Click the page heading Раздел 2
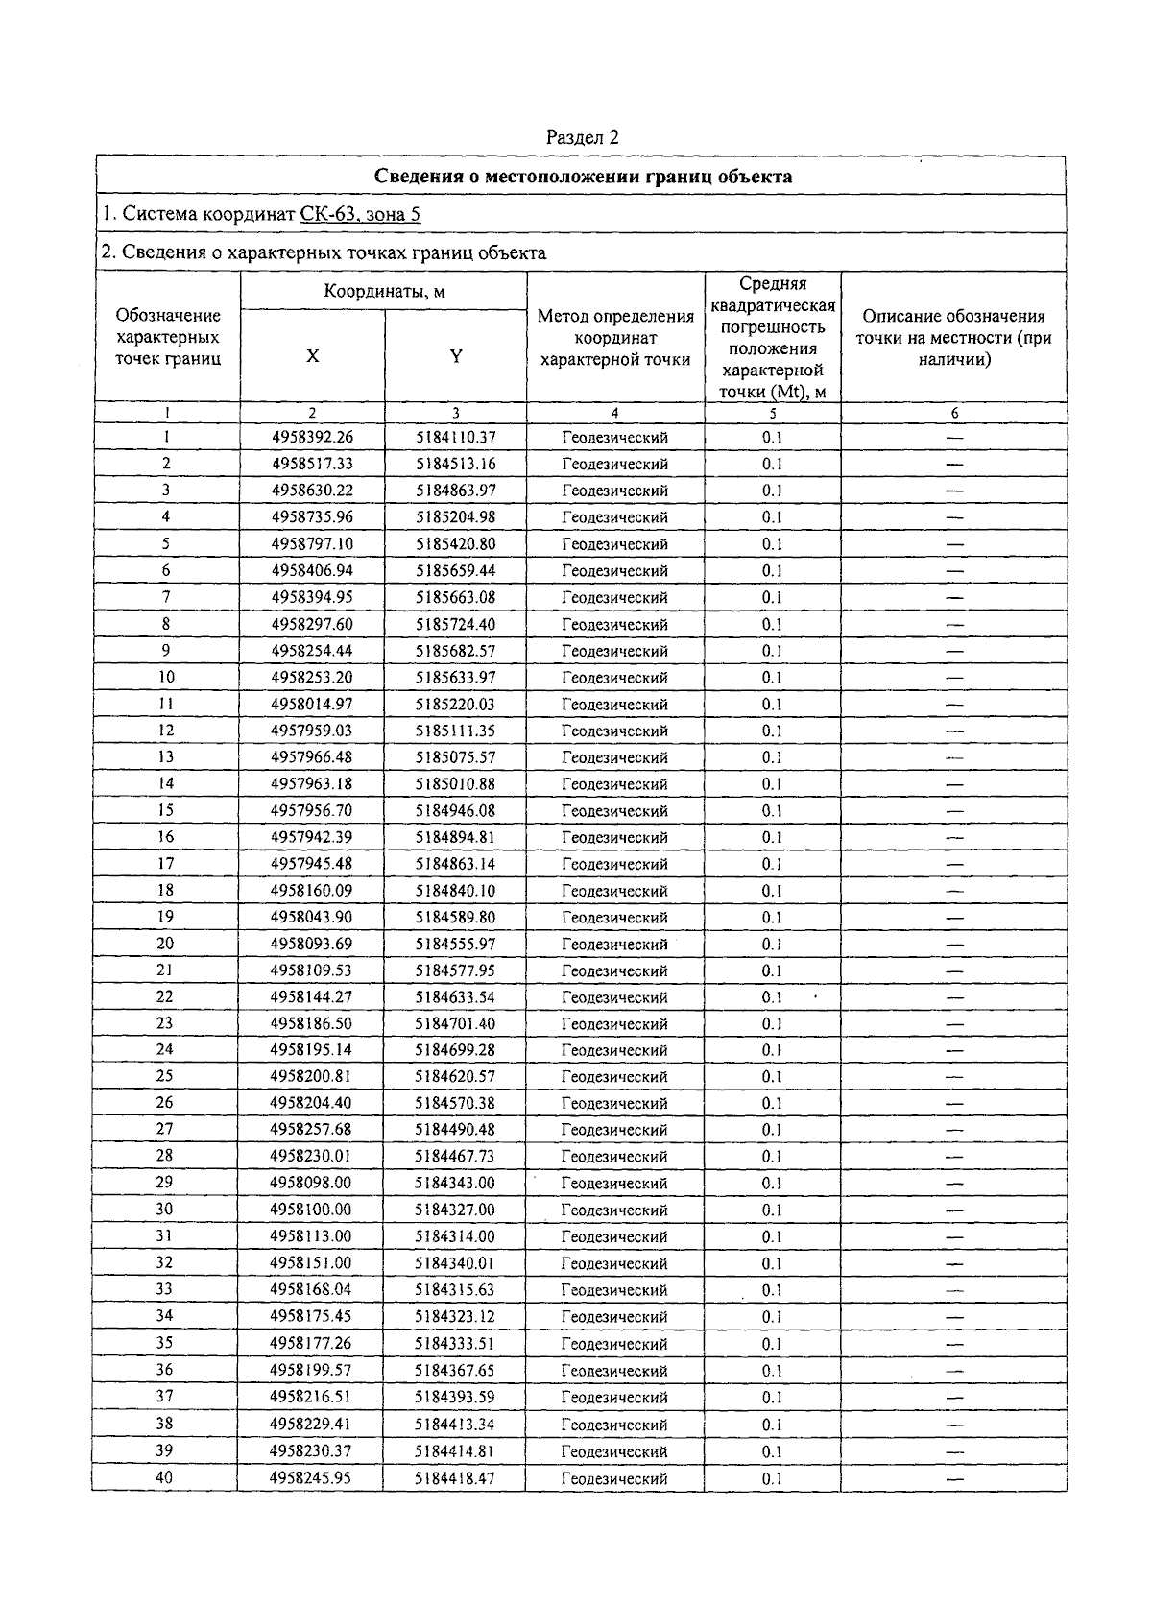click(x=582, y=137)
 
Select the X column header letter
click(x=313, y=355)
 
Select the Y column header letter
click(x=456, y=355)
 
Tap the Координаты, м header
click(x=384, y=291)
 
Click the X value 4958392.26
click(x=313, y=437)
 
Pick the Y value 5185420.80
click(x=456, y=543)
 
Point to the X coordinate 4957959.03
click(x=313, y=731)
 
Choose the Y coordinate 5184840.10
click(x=456, y=891)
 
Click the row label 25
click(x=165, y=1076)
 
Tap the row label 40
click(x=164, y=1477)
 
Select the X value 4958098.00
click(x=311, y=1184)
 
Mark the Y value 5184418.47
click(x=455, y=1478)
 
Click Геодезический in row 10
click(x=614, y=678)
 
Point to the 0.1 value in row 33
click(x=773, y=1290)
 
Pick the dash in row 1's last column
click(x=954, y=437)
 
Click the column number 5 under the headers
click(x=773, y=413)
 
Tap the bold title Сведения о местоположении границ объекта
click(x=582, y=176)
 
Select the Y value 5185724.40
click(x=456, y=624)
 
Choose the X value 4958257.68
click(x=311, y=1130)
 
